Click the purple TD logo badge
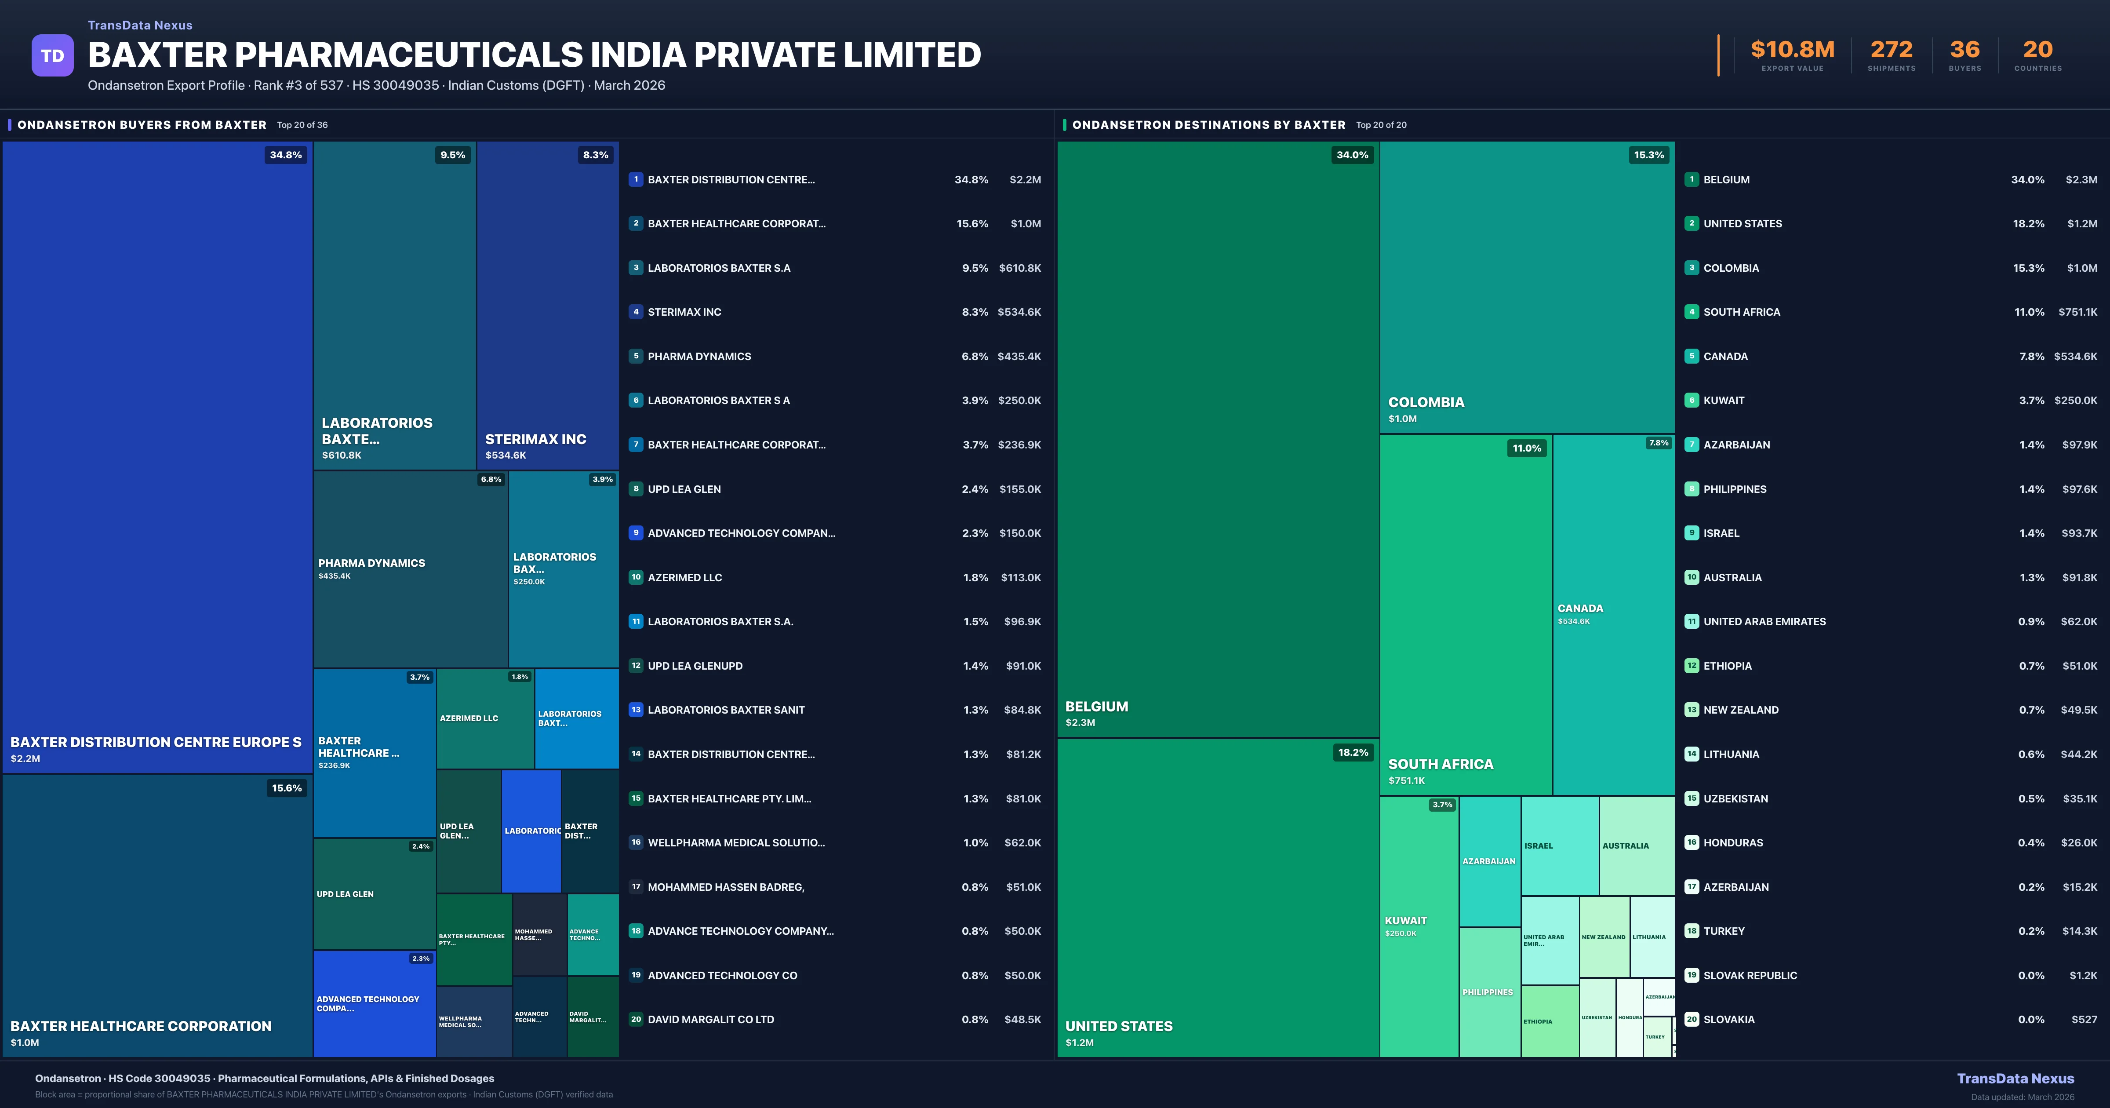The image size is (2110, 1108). click(52, 56)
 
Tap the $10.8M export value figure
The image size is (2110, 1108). click(1792, 50)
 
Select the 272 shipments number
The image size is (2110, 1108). click(1891, 50)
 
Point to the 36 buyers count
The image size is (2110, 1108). click(1964, 50)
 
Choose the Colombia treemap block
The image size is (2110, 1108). click(1527, 287)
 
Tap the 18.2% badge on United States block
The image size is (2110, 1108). click(1352, 752)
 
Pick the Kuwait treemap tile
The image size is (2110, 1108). click(1419, 926)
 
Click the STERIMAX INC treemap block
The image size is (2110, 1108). click(547, 305)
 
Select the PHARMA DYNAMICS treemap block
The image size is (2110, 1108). click(410, 569)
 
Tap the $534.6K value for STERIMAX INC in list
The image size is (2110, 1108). click(1019, 312)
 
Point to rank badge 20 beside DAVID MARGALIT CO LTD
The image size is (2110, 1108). click(636, 1020)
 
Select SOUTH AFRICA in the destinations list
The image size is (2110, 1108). click(1741, 312)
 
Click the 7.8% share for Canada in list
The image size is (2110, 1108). click(2031, 357)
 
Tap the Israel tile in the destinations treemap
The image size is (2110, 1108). click(1559, 846)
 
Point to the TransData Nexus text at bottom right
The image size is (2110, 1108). click(2015, 1079)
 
